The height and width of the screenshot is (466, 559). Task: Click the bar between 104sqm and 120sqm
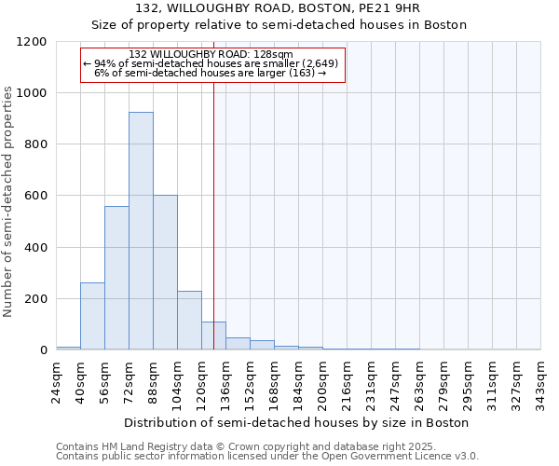(189, 321)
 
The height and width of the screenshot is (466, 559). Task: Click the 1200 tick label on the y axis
(34, 42)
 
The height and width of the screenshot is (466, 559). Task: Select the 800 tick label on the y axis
(36, 144)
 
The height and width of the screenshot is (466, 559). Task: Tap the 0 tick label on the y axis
(43, 350)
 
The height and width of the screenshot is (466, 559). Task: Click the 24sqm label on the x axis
(57, 377)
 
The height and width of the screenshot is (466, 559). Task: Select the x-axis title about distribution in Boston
(298, 422)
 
